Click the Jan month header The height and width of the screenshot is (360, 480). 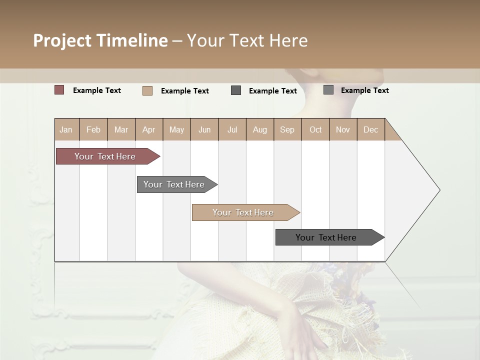pos(66,129)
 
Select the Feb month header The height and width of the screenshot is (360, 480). pos(93,129)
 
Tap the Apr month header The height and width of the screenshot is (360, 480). pos(148,129)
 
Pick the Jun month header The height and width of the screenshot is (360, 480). pos(204,129)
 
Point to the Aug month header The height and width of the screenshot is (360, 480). pos(259,129)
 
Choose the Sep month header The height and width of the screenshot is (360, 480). pos(287,129)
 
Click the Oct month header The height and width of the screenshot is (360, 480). pos(315,129)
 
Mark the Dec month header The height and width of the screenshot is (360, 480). pos(370,129)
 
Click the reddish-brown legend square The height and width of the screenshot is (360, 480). pos(59,90)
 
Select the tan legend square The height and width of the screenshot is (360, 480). pos(147,90)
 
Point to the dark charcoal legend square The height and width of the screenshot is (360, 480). pos(236,90)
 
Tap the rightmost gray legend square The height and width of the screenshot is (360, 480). pos(328,90)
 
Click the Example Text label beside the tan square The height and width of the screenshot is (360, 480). pos(185,91)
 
